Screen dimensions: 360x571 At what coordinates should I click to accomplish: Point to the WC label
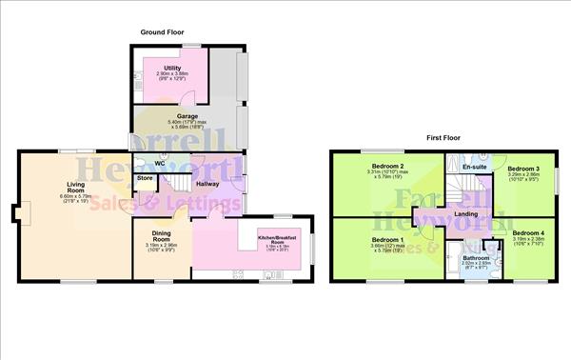tap(160, 163)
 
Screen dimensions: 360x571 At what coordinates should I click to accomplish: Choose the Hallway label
tap(208, 183)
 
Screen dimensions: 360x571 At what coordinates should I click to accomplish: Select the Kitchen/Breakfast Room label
tap(278, 240)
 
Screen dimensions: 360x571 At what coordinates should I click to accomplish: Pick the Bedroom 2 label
tap(389, 166)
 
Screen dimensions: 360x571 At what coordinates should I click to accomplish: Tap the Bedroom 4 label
tap(528, 232)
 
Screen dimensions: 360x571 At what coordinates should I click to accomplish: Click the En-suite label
tap(473, 168)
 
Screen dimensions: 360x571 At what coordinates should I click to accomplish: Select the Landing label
tap(466, 214)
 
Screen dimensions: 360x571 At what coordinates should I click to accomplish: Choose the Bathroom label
tap(476, 257)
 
